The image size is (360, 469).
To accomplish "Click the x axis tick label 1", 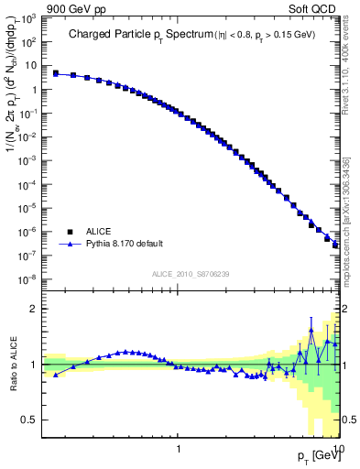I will (x=178, y=449).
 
